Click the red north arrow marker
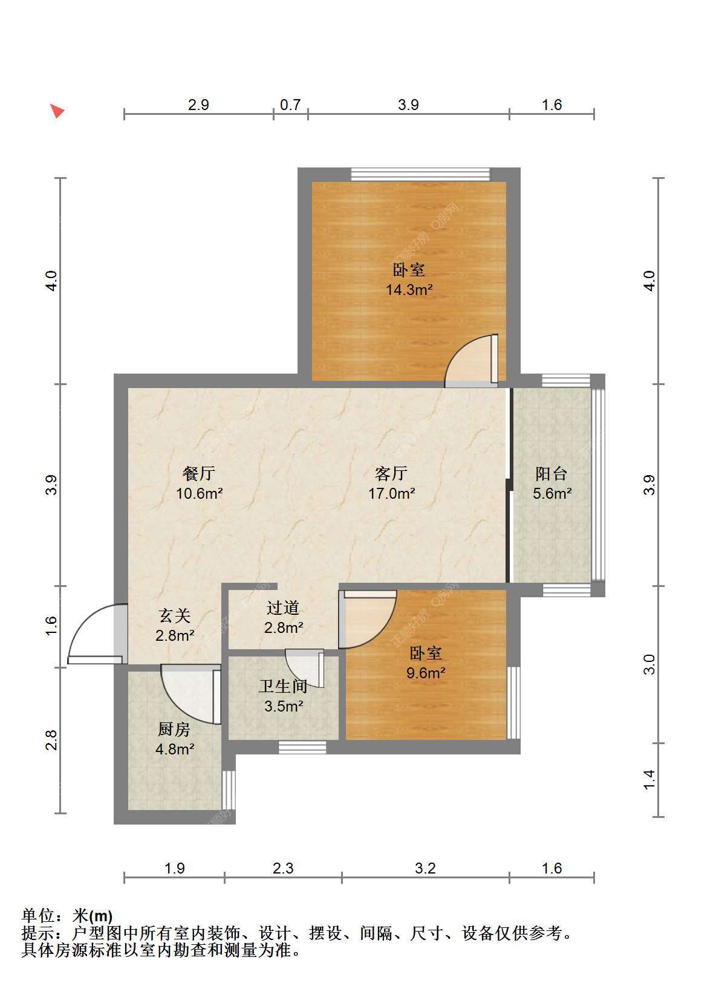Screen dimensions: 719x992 point(57,111)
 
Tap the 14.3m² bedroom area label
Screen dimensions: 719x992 point(409,290)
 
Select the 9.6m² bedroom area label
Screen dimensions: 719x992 point(426,673)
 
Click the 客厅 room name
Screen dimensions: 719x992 point(391,474)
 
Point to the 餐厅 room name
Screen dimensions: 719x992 point(199,474)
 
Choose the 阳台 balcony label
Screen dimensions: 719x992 point(551,474)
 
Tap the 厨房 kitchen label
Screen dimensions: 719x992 point(175,730)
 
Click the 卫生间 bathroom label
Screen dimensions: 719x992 point(284,687)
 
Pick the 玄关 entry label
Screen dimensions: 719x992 point(175,616)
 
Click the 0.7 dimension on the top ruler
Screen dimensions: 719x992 point(290,105)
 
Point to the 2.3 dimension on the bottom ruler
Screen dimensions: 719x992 point(283,868)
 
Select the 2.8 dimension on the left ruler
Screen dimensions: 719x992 point(51,740)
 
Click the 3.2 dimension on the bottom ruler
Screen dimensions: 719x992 point(425,868)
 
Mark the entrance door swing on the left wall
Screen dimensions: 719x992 point(96,634)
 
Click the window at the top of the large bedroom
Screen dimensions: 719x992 point(420,174)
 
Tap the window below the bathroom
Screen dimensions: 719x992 point(302,748)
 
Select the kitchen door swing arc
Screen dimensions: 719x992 point(191,695)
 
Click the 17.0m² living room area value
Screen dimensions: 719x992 point(392,493)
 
